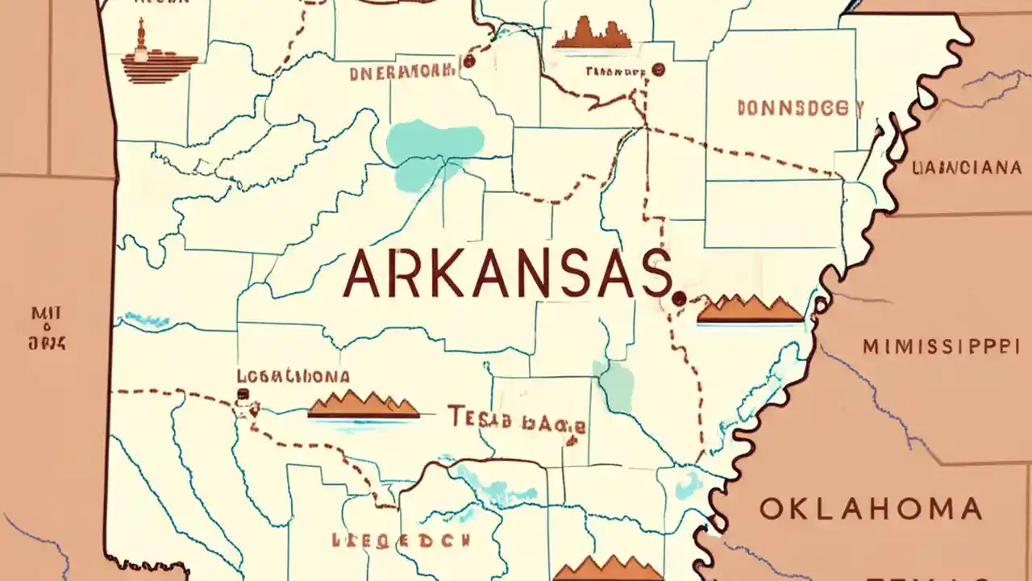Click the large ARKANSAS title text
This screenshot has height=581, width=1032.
(508, 274)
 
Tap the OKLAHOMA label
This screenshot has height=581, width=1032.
(871, 509)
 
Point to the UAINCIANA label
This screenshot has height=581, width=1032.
(966, 168)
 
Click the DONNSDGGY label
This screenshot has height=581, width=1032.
(800, 108)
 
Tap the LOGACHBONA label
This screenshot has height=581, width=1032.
(293, 376)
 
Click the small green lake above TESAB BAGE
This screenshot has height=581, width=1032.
(615, 386)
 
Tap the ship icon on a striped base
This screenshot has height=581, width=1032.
(158, 56)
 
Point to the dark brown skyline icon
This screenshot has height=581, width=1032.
(592, 35)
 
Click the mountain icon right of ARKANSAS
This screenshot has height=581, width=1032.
(750, 310)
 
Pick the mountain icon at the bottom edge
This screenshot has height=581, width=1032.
(609, 568)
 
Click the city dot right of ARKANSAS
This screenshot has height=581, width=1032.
(679, 299)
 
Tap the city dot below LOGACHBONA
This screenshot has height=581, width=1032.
(242, 395)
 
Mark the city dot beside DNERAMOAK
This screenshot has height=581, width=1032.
(468, 61)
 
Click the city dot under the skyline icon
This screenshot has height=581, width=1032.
(659, 70)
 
